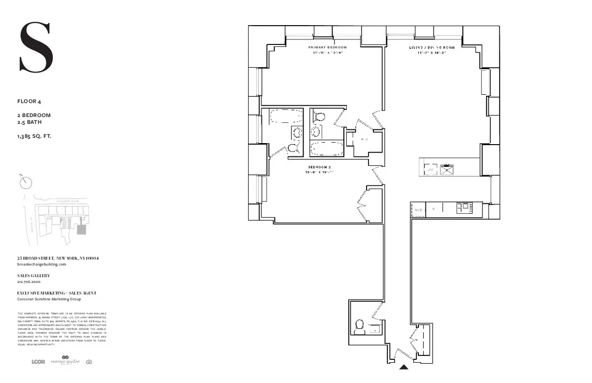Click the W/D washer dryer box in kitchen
tap(418, 210)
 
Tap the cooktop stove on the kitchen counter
tap(464, 209)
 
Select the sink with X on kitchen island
tap(447, 169)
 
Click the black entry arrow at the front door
tap(404, 367)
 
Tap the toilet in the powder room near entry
tap(360, 325)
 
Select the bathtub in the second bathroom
tap(327, 148)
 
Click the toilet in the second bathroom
tap(319, 117)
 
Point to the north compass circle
tap(26, 182)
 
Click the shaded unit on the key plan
tap(82, 230)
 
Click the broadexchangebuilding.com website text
tap(41, 265)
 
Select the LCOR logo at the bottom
tap(38, 362)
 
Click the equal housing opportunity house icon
tap(89, 362)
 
